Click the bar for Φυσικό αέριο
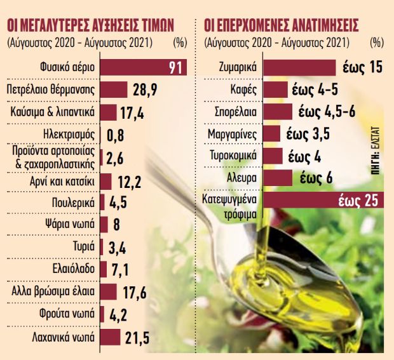coord(133,67)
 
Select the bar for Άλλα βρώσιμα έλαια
coord(109,291)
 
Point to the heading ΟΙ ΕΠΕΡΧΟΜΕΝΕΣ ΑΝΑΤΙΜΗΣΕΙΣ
coord(281,25)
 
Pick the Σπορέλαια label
coord(235,112)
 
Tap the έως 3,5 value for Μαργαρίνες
coord(307,134)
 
